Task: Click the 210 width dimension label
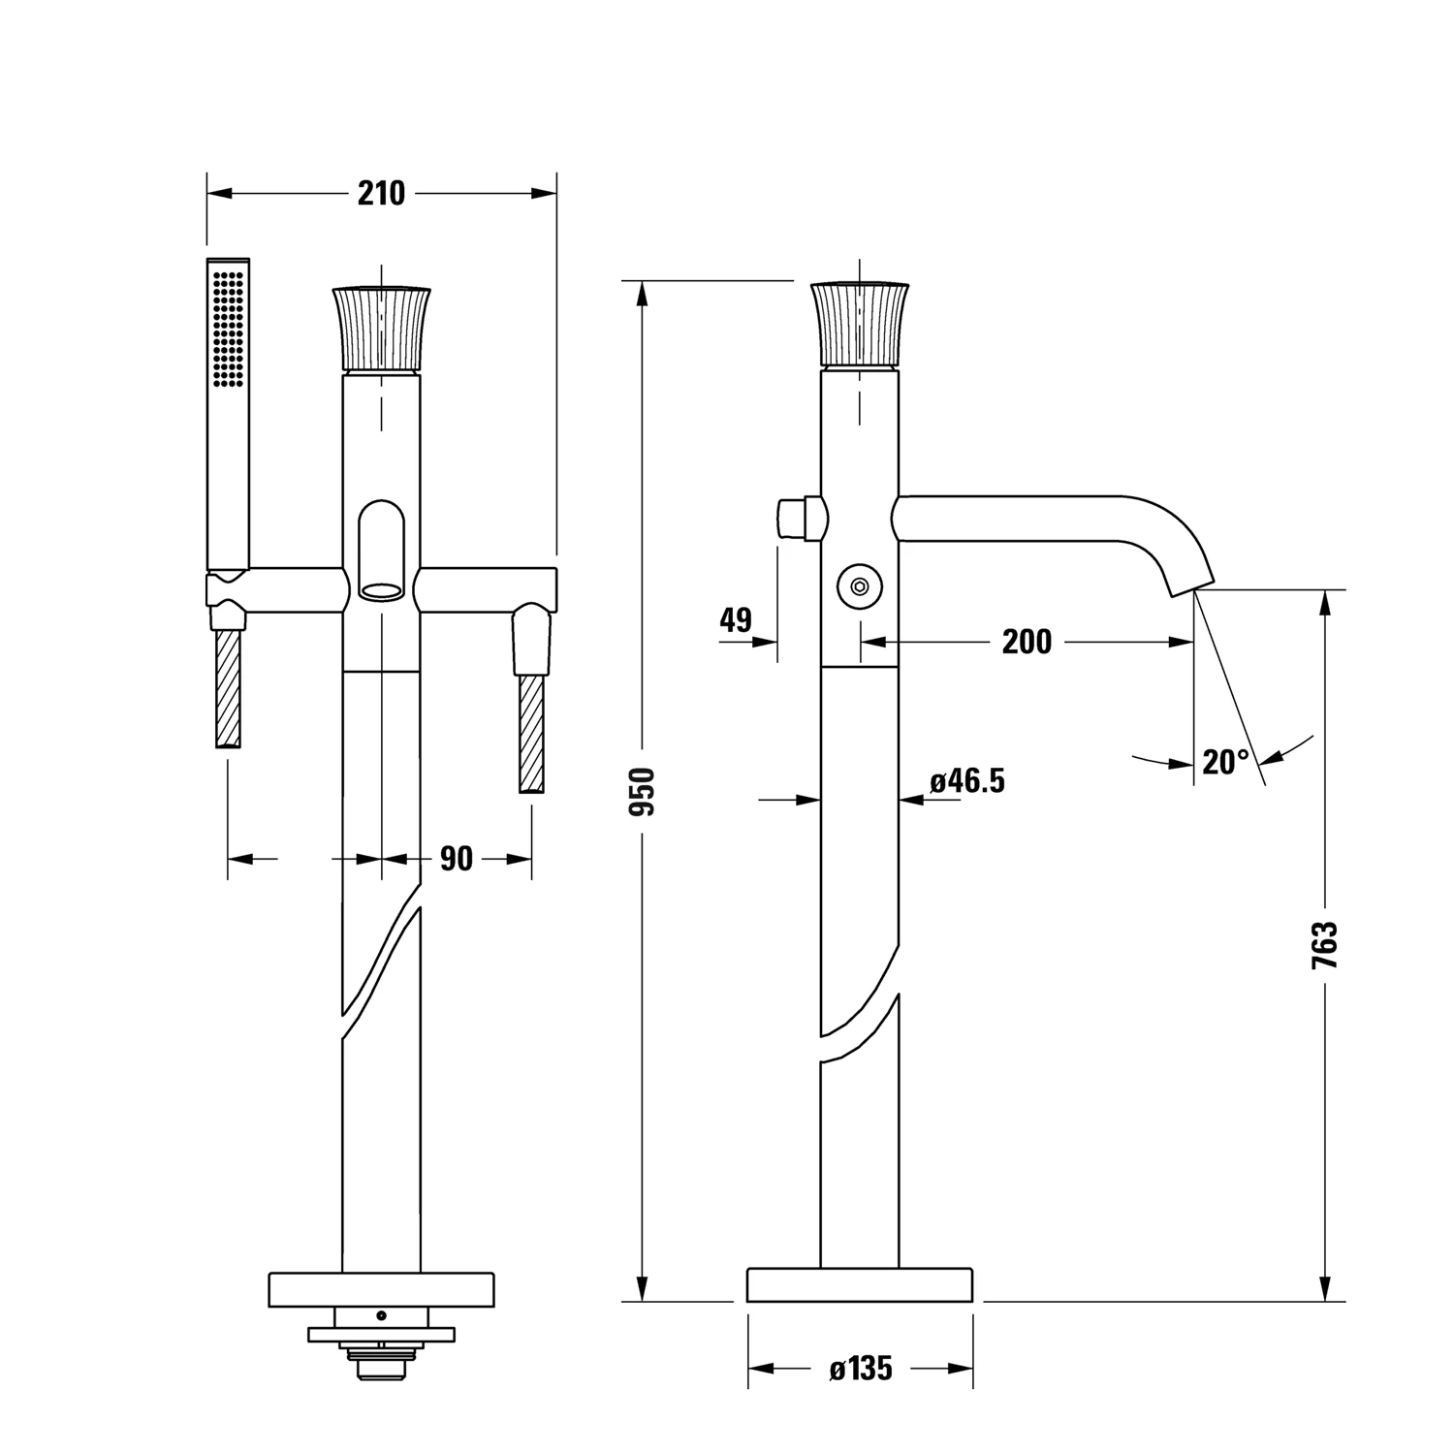coord(381,193)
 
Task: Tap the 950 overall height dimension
coord(643,790)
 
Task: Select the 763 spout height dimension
coord(1324,945)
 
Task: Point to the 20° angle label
coord(1226,762)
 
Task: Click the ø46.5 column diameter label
coord(967,780)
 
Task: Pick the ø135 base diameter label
coord(861,1369)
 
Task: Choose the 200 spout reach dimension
coord(1027,641)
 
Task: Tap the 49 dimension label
coord(736,619)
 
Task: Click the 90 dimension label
coord(457,858)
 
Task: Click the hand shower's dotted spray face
coord(229,329)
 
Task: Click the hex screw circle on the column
coord(859,585)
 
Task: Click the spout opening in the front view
coord(382,588)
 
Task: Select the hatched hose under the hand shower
coord(228,687)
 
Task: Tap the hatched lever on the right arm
coord(531,734)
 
